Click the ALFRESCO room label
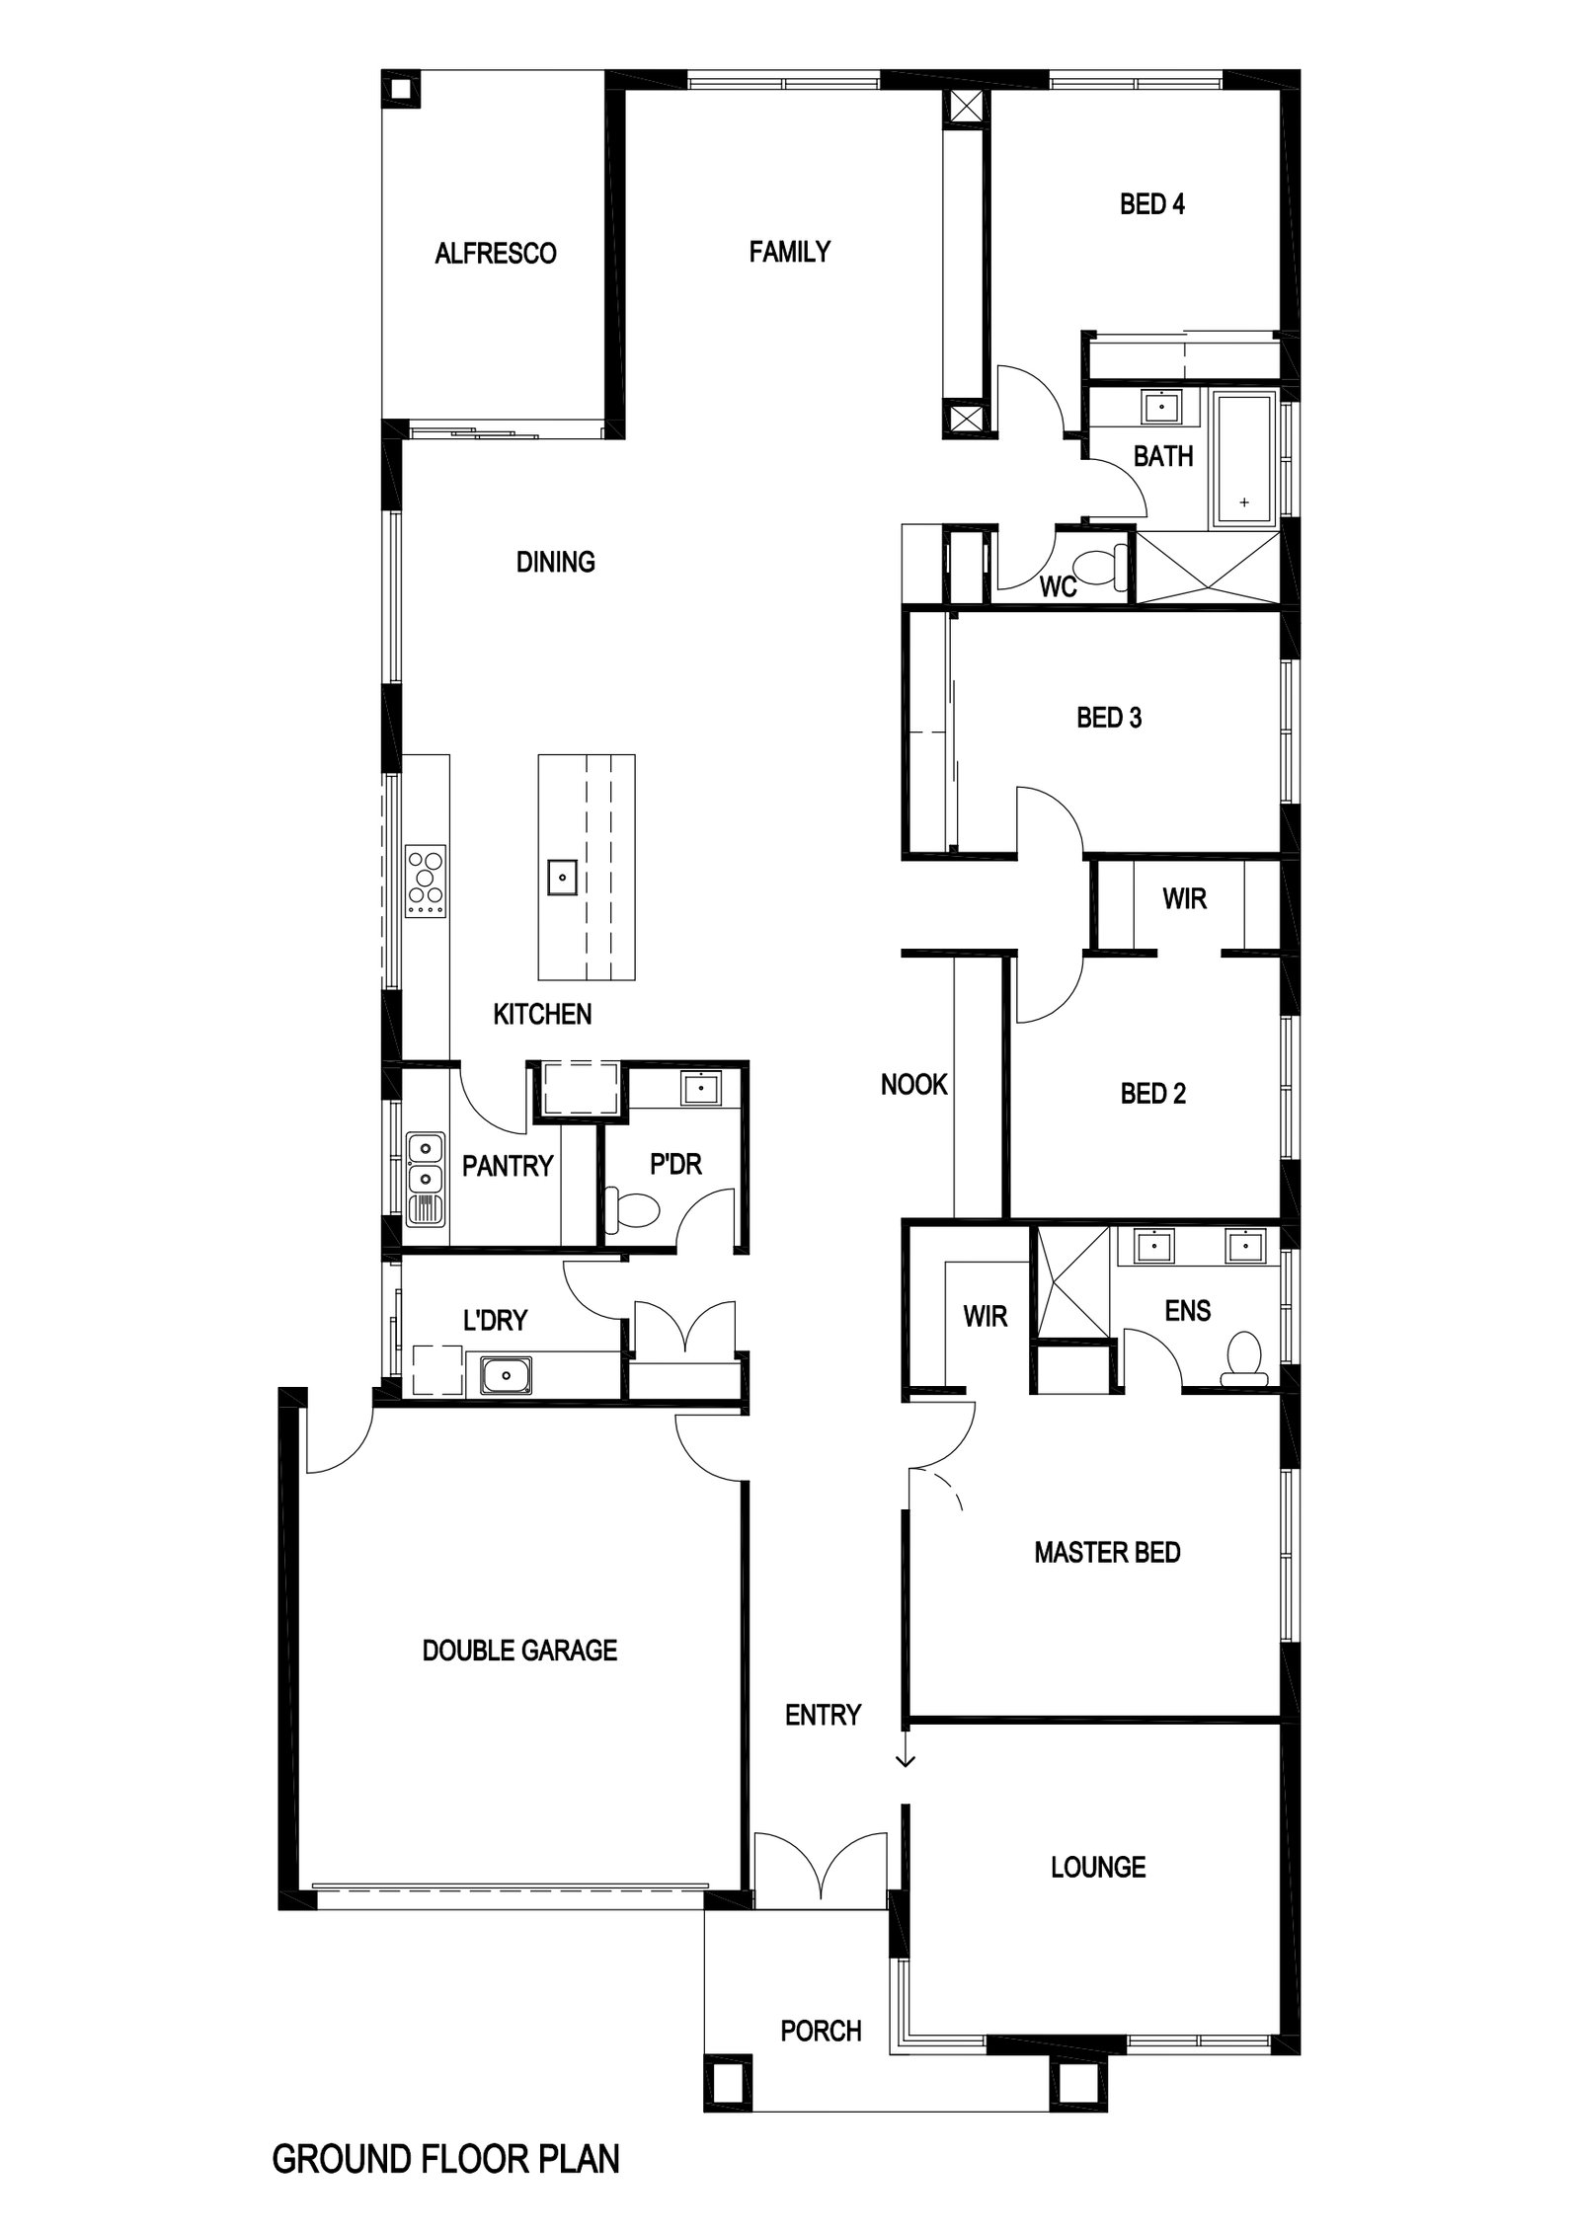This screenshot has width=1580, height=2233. pyautogui.click(x=495, y=254)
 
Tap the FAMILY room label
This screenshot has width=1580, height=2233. pyautogui.click(x=789, y=252)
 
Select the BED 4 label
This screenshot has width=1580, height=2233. pyautogui.click(x=1151, y=204)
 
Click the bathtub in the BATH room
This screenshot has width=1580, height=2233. pyautogui.click(x=1243, y=459)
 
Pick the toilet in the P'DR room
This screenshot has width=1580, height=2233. pyautogui.click(x=630, y=1210)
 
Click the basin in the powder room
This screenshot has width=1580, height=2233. pyautogui.click(x=700, y=1088)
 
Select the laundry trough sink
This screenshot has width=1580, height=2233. pyautogui.click(x=506, y=1375)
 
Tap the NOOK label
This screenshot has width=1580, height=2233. pyautogui.click(x=913, y=1085)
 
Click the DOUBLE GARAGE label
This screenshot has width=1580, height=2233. pyautogui.click(x=519, y=1650)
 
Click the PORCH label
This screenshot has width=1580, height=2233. pyautogui.click(x=821, y=2031)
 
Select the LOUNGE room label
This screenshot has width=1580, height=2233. pyautogui.click(x=1098, y=1867)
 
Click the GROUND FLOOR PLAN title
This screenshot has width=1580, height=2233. pyautogui.click(x=445, y=2179)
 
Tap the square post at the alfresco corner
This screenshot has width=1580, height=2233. pyautogui.click(x=401, y=89)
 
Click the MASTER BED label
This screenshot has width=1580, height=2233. pyautogui.click(x=1107, y=1553)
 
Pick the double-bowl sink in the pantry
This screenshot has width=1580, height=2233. pyautogui.click(x=426, y=1164)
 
